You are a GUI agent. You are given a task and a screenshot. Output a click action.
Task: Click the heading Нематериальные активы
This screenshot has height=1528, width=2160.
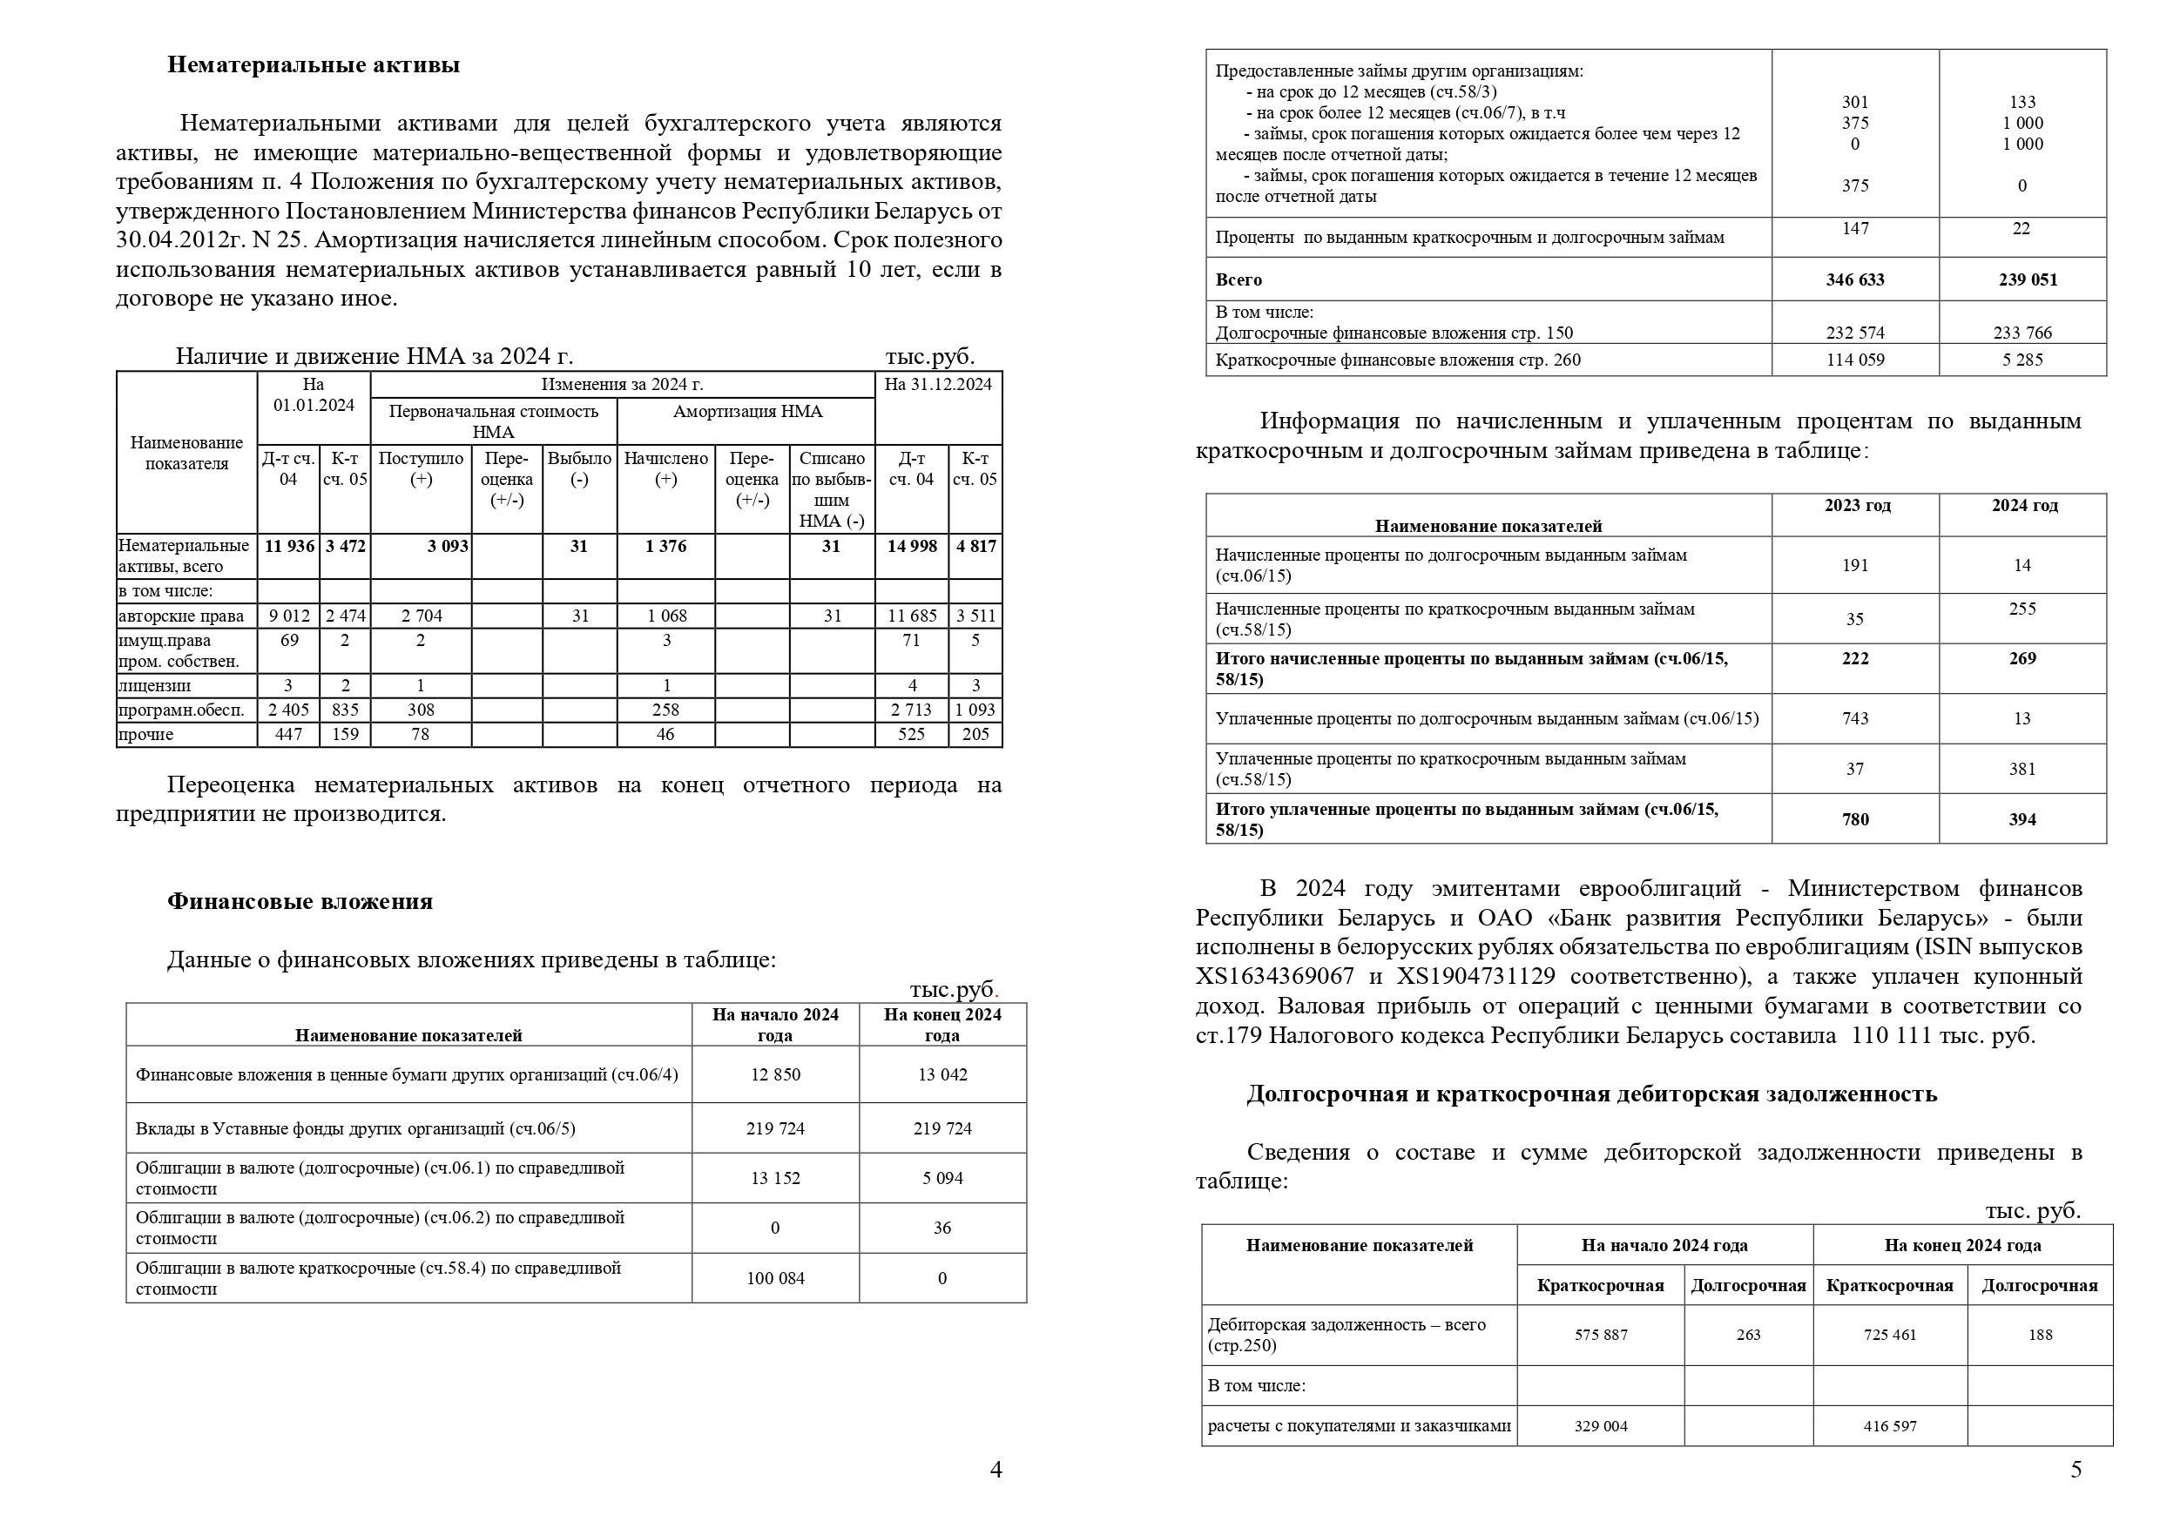tap(314, 65)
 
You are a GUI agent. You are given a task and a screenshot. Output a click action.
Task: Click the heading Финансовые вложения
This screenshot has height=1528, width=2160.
tap(300, 901)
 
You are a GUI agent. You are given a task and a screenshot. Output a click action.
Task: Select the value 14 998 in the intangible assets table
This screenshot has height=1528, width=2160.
tap(911, 547)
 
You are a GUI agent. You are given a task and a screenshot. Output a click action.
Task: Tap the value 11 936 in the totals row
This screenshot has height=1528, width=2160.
tap(289, 547)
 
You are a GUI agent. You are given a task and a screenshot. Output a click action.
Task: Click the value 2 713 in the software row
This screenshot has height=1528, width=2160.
tap(911, 710)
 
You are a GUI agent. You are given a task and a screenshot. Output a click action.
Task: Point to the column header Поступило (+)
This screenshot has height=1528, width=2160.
tap(421, 468)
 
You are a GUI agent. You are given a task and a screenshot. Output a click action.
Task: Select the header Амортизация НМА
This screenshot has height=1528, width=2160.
tap(747, 411)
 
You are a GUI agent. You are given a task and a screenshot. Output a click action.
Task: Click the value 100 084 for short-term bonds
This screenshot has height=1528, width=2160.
tap(774, 1279)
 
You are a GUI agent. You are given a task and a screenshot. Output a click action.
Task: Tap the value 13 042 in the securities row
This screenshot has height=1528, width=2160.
tap(942, 1074)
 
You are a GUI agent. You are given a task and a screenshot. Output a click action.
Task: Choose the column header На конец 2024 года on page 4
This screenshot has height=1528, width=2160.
tap(942, 1025)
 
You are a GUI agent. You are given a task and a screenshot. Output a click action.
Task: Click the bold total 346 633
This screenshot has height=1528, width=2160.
tap(1854, 279)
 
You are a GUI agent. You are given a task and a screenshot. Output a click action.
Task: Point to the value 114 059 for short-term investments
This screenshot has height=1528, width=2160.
tap(1854, 360)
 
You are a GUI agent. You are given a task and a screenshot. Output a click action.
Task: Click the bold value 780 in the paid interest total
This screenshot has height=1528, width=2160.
tap(1855, 819)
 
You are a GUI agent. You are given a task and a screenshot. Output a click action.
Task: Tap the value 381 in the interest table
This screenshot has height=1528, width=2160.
tap(2022, 770)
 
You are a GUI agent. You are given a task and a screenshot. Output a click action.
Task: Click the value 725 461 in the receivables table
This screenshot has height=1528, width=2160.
tap(1889, 1335)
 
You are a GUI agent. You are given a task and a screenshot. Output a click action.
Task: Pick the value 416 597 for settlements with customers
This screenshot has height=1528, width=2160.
tap(1889, 1426)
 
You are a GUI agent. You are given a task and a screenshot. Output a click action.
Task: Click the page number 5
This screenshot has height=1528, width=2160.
tap(2076, 1471)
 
